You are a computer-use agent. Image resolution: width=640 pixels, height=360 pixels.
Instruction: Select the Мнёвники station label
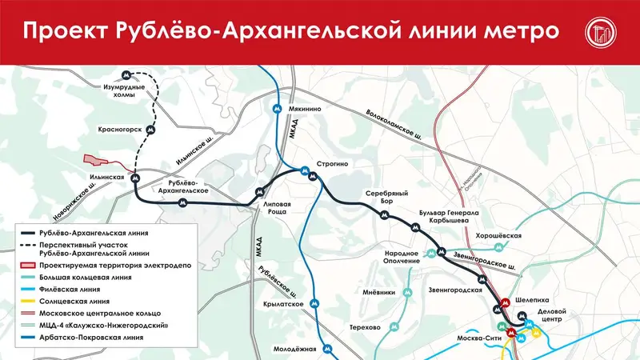[x=378, y=292]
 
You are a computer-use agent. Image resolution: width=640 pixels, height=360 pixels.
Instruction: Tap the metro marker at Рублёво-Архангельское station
[x=184, y=203]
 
